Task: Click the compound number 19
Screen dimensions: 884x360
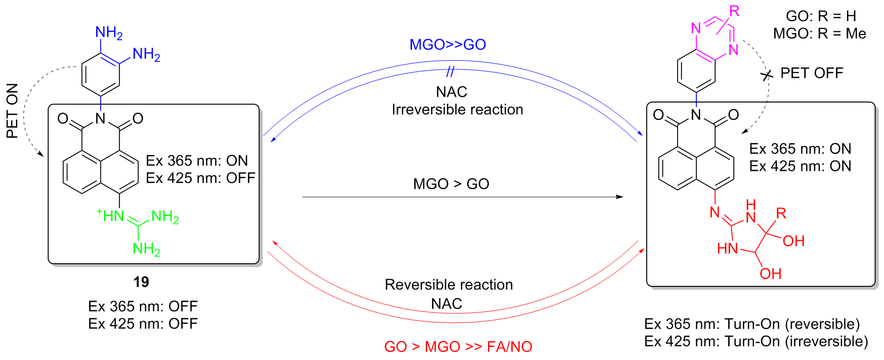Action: coord(141,282)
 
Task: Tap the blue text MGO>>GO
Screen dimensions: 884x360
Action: coord(448,45)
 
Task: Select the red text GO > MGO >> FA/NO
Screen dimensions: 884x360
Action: coord(458,347)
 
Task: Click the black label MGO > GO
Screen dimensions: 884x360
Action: coord(451,184)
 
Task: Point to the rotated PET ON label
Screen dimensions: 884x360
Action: coord(12,111)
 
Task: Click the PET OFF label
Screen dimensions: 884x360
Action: coord(812,73)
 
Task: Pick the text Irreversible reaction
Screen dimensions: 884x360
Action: coord(457,110)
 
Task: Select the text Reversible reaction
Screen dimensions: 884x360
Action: coord(448,285)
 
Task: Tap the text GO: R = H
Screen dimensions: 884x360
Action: coord(821,16)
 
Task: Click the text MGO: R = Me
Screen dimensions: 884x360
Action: coord(820,34)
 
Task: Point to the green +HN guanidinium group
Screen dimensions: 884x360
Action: coord(111,216)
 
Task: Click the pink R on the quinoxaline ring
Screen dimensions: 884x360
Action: coord(734,11)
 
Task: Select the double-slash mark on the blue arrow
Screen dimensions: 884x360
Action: coord(450,72)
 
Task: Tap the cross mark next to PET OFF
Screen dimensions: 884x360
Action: coord(767,76)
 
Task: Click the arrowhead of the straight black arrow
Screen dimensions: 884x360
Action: coord(620,197)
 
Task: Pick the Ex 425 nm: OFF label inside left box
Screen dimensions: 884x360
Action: coord(201,178)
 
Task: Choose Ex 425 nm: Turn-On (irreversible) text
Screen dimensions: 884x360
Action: coord(756,341)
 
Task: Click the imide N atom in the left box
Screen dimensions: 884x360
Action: coord(100,119)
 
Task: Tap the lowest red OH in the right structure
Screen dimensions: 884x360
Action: coord(770,274)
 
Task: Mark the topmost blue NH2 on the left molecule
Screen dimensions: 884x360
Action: coord(109,33)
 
